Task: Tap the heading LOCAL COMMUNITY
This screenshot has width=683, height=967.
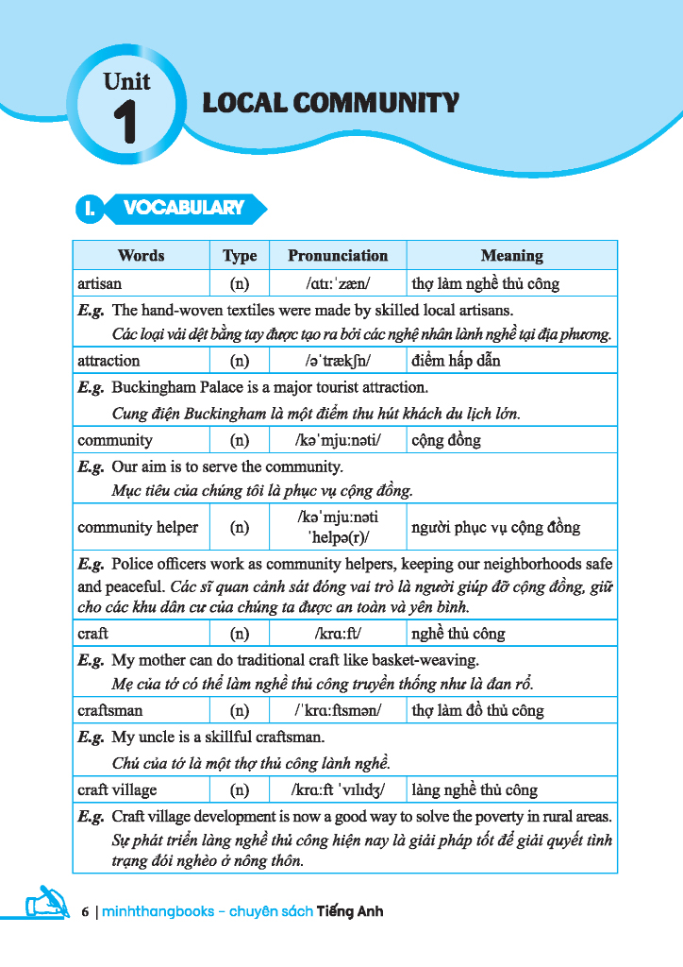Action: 331,103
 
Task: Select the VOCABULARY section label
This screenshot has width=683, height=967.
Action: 183,209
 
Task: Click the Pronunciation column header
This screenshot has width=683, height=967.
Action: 338,256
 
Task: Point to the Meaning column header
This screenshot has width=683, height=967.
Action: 511,256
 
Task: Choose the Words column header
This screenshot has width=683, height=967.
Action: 141,256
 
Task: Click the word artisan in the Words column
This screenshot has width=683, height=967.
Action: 100,283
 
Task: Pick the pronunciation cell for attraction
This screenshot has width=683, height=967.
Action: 338,361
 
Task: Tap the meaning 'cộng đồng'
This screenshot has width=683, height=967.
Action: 446,440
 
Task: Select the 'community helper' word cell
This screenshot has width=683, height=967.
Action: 138,527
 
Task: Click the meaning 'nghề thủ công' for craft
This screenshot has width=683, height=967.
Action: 458,634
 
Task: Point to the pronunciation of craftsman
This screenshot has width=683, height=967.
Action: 338,711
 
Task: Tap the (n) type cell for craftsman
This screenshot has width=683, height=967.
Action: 240,711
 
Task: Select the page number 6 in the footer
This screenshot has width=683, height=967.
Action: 85,912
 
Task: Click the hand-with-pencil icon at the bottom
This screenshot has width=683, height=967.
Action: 42,903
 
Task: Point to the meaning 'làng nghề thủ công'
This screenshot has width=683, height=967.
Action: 475,789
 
